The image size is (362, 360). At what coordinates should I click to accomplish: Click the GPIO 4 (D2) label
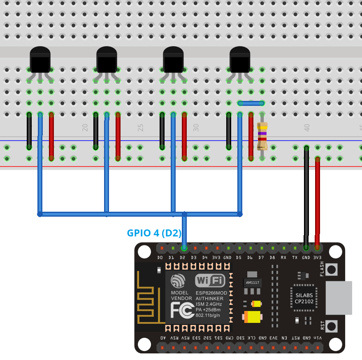(154, 233)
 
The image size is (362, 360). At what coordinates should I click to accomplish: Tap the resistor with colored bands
(262, 136)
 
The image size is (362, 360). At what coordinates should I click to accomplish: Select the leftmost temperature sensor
(40, 61)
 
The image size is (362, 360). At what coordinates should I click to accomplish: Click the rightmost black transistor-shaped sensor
(240, 61)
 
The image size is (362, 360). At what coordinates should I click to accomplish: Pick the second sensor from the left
(107, 61)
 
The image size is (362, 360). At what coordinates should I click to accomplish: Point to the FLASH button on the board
(332, 269)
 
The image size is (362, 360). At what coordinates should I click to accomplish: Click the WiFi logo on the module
(210, 281)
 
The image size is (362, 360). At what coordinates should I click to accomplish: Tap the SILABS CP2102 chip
(304, 298)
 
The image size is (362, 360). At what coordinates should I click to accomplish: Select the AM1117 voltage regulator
(252, 283)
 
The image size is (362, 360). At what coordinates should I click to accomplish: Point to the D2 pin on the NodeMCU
(184, 248)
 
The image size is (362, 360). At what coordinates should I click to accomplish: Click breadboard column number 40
(307, 128)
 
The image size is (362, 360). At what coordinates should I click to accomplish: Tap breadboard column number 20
(85, 128)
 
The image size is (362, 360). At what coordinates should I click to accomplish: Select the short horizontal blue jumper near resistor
(251, 103)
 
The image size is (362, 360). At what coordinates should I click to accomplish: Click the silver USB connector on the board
(339, 298)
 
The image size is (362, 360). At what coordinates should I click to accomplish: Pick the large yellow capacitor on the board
(252, 317)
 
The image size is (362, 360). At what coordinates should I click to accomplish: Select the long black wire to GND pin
(306, 194)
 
